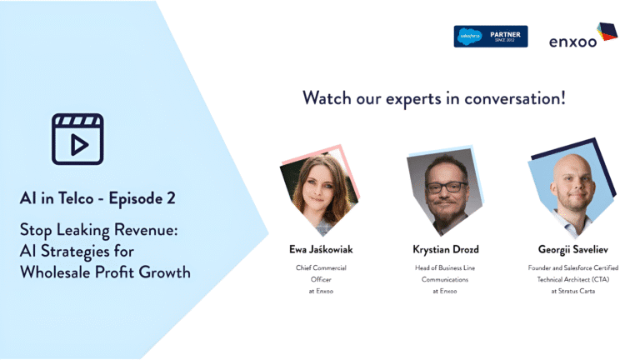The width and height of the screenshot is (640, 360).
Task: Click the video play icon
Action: pos(77,139)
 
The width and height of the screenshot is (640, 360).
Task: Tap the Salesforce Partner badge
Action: pos(491,37)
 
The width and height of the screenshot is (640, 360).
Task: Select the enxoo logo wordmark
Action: pos(572,42)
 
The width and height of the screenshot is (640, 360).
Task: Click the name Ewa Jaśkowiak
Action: pos(321,249)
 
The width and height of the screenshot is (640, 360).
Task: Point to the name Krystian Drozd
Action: pos(446,249)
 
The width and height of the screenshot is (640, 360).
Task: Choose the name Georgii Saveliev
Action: pos(573,249)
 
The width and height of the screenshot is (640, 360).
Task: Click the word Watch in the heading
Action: pos(327,98)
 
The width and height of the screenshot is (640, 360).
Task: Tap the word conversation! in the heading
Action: pos(515,98)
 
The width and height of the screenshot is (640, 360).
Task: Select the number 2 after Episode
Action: pos(171,198)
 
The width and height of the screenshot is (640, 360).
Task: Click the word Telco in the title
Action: pos(76,198)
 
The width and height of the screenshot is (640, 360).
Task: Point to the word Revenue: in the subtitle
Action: pos(146,230)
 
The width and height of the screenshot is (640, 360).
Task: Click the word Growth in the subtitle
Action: pos(164,272)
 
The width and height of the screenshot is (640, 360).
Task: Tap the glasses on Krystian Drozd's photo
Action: pos(446,187)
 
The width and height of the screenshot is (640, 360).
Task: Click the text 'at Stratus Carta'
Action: pos(573,291)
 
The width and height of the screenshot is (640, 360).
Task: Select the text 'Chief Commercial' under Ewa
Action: pos(321,267)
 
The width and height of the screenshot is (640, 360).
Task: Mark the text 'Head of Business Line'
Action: pos(445,267)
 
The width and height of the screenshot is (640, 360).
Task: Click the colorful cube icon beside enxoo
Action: pos(607,32)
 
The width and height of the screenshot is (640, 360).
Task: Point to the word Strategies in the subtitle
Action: pos(75,252)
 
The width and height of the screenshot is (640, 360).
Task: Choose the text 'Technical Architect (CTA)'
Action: pos(573,280)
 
